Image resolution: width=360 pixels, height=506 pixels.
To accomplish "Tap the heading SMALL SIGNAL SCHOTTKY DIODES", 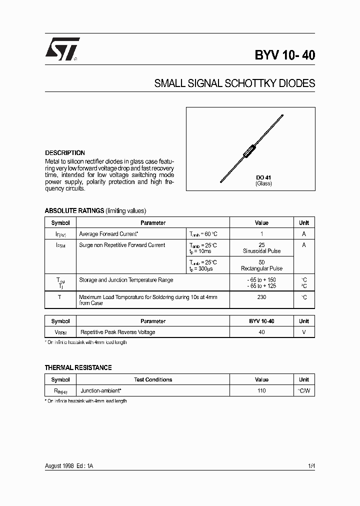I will pos(234,83).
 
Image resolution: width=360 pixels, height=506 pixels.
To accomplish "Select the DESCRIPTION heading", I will pos(65,153).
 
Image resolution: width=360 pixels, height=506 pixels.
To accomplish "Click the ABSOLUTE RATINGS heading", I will pos(74,211).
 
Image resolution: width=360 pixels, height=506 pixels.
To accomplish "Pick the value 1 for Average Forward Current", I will pos(261,234).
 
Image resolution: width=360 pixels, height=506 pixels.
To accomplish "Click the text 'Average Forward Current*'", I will pos(109,234).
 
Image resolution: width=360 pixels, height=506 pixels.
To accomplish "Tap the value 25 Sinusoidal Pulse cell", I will pos(261,248).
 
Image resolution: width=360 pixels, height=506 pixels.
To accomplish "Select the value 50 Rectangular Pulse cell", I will pos(261,265).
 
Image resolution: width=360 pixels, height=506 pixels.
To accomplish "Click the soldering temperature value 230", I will pos(261,297).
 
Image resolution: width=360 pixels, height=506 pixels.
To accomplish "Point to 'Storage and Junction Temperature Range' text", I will pos(126,280).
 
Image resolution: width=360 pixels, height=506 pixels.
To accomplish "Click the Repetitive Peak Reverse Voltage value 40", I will pos(261,332).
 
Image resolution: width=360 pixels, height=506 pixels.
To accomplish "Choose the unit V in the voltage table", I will pos(304,332).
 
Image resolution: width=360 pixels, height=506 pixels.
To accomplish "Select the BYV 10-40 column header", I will pos(261,321).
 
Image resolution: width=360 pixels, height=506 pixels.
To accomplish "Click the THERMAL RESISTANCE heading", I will pos(78,368).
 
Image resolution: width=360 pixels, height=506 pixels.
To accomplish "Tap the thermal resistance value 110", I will pos(261,390).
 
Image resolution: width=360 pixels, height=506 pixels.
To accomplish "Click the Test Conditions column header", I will pos(153,380).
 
